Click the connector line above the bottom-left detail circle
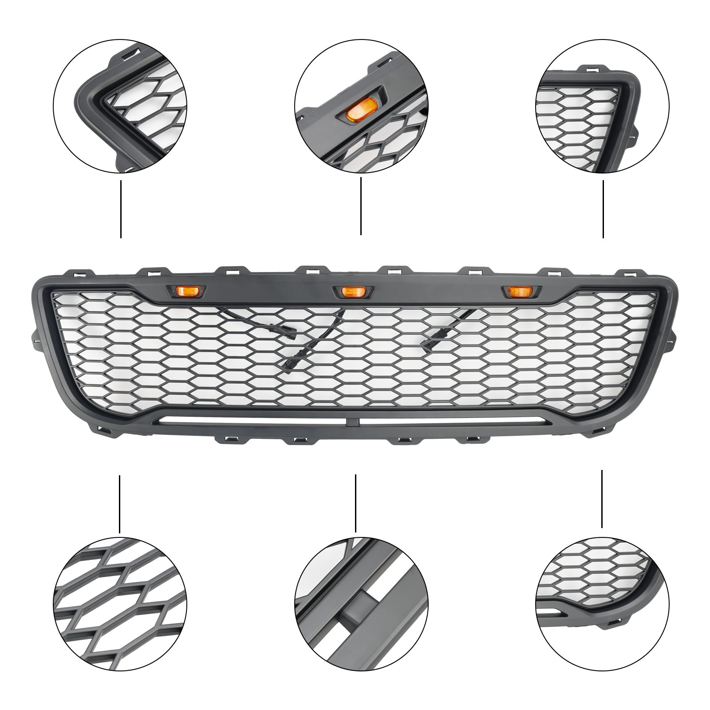click(119, 504)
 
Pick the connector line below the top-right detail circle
click(603, 209)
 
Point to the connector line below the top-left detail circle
click(121, 209)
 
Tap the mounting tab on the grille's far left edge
click(35, 335)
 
